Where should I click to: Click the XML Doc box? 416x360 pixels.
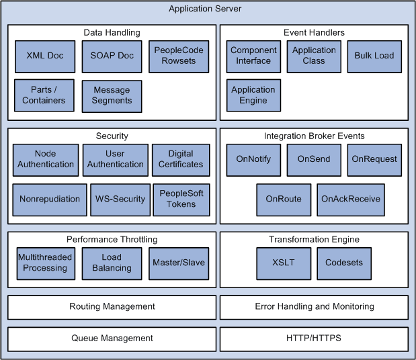44,56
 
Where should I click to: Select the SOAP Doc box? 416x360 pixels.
112,56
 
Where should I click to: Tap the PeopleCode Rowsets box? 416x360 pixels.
178,56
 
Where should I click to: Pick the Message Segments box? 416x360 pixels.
112,95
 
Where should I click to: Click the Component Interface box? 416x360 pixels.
253,56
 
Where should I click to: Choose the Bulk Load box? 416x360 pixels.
374,56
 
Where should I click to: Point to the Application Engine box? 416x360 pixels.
253,95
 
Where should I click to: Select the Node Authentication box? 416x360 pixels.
46,159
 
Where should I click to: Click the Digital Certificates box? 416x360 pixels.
180,159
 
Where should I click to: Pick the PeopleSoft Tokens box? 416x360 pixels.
181,199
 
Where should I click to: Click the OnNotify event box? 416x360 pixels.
253,160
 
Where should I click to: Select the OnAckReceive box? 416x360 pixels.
350,199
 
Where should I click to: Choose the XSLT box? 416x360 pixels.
282,263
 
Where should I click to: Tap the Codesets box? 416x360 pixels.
343,263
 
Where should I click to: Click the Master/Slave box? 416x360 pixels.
178,263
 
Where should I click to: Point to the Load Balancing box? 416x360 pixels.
112,263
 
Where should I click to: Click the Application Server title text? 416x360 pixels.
205,9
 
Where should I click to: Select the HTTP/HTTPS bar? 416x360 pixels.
314,338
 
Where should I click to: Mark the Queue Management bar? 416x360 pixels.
112,338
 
